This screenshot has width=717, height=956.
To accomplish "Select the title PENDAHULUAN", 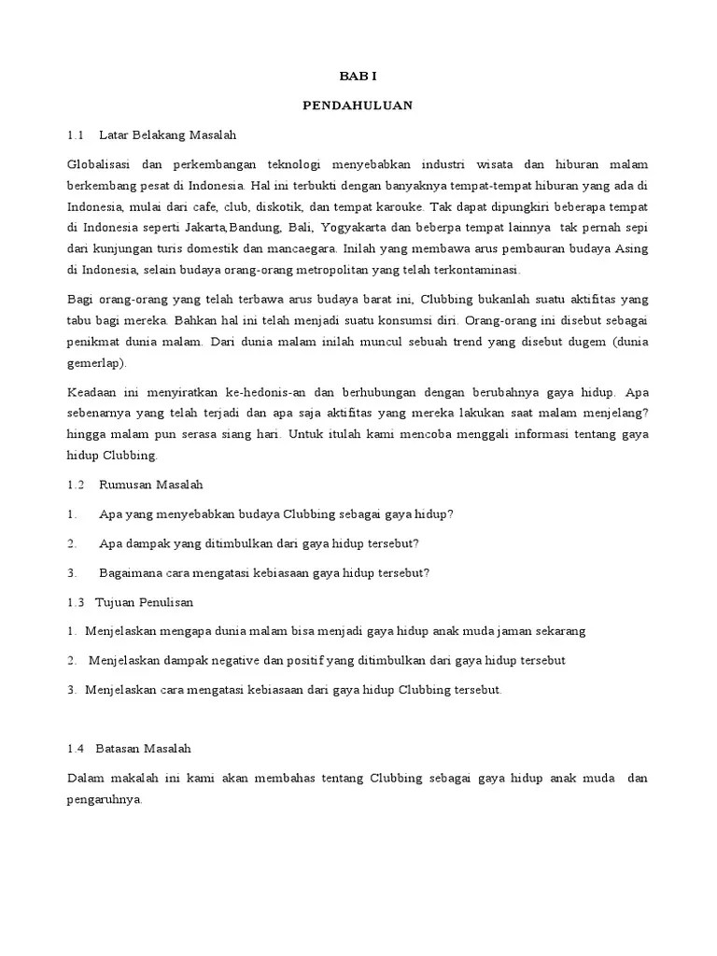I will [x=358, y=105].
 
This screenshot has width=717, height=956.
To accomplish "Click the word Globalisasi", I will [x=99, y=164].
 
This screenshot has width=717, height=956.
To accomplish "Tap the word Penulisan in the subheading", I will [x=163, y=603].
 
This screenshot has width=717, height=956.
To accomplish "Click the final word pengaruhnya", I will [x=105, y=799].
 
